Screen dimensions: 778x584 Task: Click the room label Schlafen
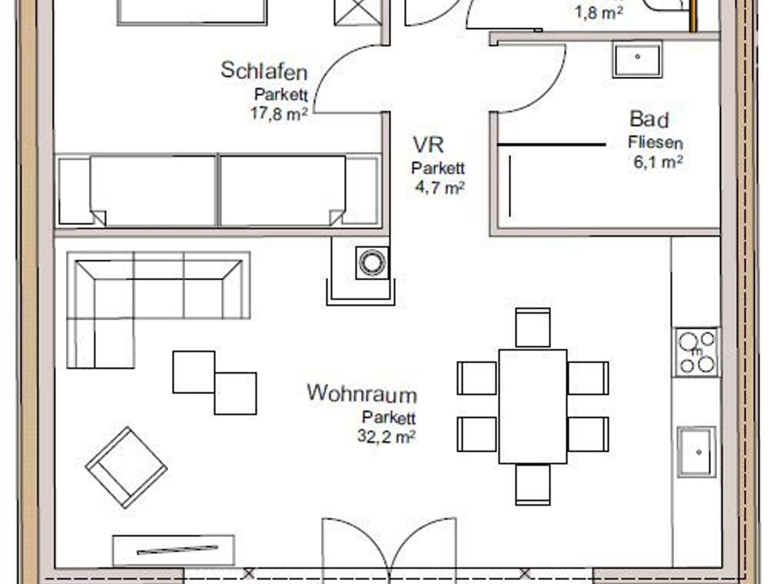click(264, 71)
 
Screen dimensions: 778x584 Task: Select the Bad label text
click(649, 119)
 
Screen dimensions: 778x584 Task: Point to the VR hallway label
click(428, 145)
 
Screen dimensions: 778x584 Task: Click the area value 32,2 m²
click(386, 436)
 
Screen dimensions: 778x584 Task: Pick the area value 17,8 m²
click(279, 113)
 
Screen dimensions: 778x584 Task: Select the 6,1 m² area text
click(658, 162)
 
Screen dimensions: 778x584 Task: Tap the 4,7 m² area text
click(440, 187)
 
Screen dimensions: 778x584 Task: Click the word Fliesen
click(655, 143)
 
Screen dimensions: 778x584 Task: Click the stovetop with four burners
click(696, 352)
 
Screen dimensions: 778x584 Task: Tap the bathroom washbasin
click(637, 60)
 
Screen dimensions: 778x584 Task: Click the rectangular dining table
click(533, 406)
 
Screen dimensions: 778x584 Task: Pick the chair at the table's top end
click(533, 328)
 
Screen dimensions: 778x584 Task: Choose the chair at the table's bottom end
click(533, 485)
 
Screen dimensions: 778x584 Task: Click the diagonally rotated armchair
click(127, 467)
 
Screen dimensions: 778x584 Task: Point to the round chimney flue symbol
click(372, 262)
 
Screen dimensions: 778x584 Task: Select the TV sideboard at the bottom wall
click(174, 550)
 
